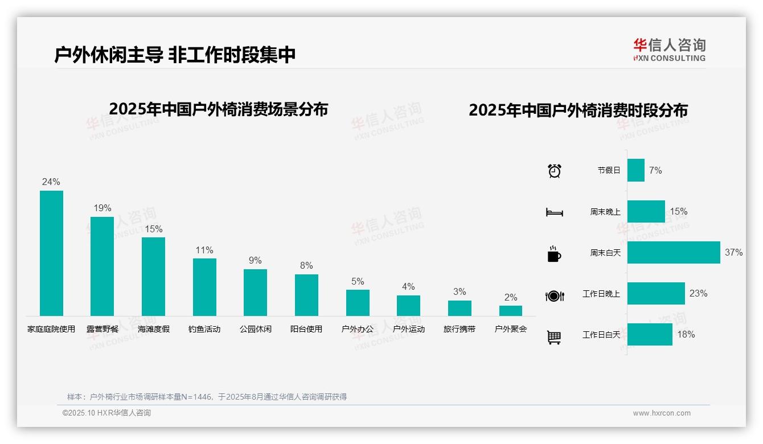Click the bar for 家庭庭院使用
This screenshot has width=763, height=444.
click(x=51, y=253)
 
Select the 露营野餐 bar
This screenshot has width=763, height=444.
click(x=102, y=266)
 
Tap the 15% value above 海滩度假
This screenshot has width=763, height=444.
click(x=153, y=229)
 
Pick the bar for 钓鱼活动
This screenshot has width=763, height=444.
click(x=204, y=287)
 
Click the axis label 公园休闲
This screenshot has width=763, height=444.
click(x=255, y=329)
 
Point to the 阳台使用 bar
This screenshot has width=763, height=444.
click(x=306, y=295)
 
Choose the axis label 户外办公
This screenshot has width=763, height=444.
click(x=358, y=329)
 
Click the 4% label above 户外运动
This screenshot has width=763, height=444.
click(x=408, y=287)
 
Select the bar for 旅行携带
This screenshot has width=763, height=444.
click(x=460, y=308)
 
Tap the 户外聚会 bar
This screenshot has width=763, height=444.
click(x=511, y=311)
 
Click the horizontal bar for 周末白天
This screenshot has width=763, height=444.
click(x=674, y=252)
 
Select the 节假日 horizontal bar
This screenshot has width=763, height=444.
click(x=636, y=170)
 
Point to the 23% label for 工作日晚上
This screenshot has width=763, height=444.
click(x=698, y=293)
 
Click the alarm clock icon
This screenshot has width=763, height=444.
click(x=554, y=171)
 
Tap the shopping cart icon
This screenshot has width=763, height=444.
click(x=554, y=337)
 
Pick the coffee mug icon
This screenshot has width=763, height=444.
click(x=554, y=254)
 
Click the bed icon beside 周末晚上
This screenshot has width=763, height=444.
click(x=554, y=212)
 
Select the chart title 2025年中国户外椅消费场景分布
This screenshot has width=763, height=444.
click(x=218, y=109)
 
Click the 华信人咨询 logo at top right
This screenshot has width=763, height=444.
click(x=669, y=50)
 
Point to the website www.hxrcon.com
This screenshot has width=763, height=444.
click(x=662, y=413)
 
